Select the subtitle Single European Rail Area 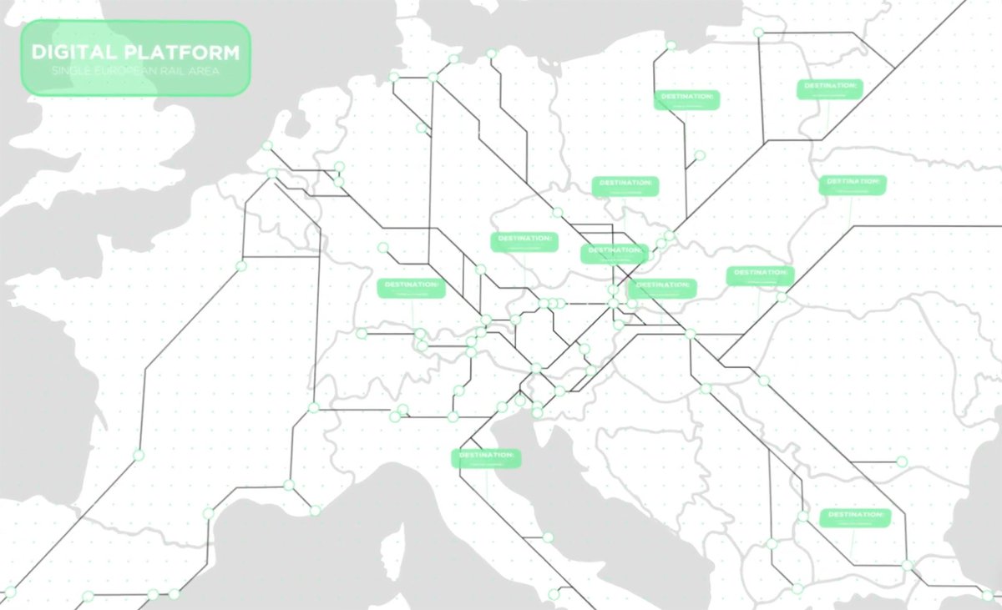pos(135,72)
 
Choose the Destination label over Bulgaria pos(855,517)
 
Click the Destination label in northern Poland pos(686,99)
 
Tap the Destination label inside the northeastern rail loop pos(829,88)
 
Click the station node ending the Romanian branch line pos(902,461)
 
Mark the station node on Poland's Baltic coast pos(671,45)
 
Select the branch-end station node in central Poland pos(700,155)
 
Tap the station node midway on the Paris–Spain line pos(139,455)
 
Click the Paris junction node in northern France pos(241,266)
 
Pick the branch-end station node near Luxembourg pos(383,247)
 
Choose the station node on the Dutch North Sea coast pos(267,146)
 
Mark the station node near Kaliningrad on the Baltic pos(758,33)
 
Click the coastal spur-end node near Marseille pos(316,510)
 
